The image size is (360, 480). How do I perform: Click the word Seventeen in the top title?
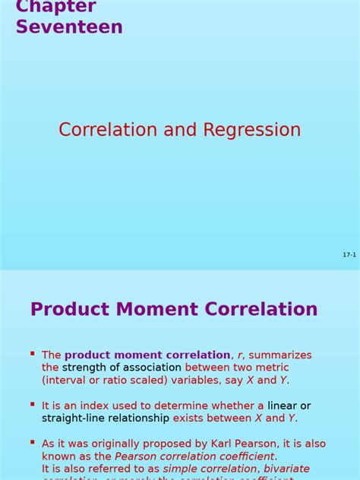click(x=69, y=27)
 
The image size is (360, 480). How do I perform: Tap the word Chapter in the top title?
click(x=55, y=7)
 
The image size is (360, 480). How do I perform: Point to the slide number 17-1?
click(x=349, y=255)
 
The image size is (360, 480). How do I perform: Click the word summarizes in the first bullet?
click(x=280, y=355)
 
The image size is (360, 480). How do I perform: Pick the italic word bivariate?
click(x=286, y=469)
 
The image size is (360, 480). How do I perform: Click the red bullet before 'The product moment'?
click(x=33, y=354)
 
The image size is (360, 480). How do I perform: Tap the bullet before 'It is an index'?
click(x=33, y=405)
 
